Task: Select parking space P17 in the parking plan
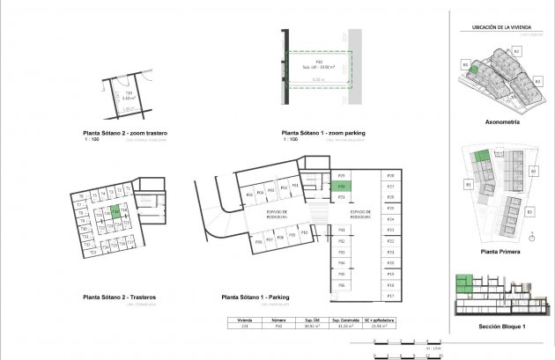tap(389, 296)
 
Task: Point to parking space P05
tap(249, 195)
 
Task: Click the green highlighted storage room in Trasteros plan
tap(115, 211)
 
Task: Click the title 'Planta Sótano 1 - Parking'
tap(255, 298)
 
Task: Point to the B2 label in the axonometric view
tap(518, 52)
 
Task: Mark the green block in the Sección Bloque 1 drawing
tap(463, 283)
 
